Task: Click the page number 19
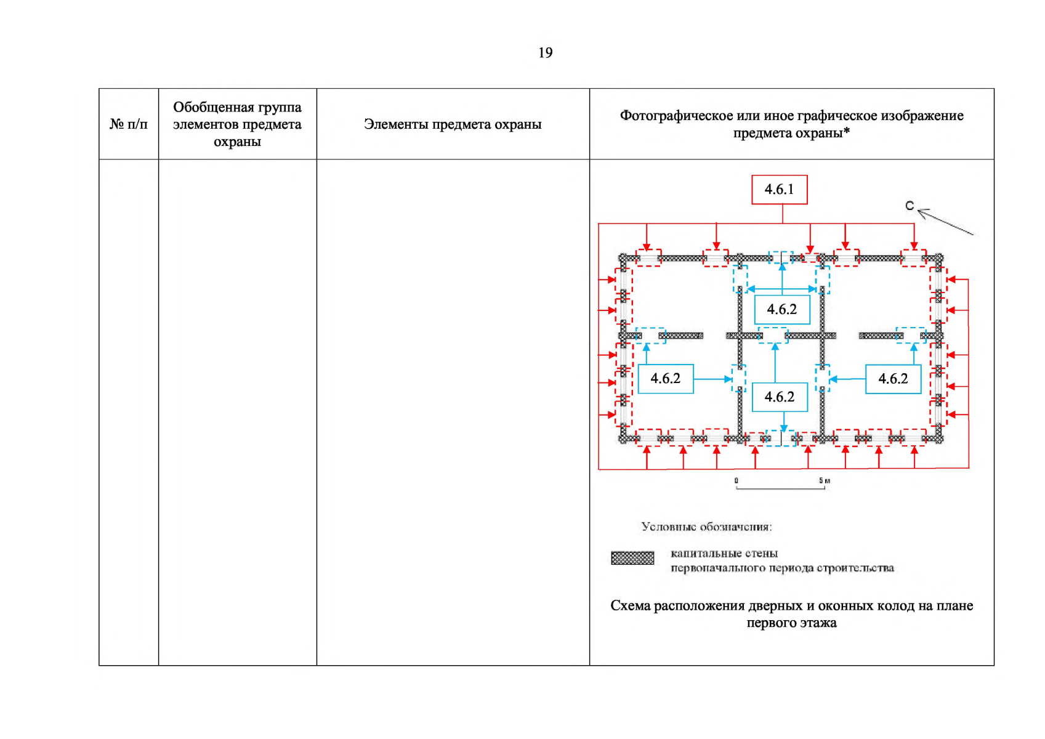coord(545,53)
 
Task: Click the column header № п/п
coord(129,124)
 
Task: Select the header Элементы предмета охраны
coord(453,124)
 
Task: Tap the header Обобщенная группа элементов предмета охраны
coord(237,124)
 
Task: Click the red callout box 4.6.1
coord(779,190)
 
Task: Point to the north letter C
coord(910,206)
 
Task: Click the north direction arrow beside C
coord(945,222)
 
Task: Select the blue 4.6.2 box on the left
coord(666,379)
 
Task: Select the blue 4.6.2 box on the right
coord(893,379)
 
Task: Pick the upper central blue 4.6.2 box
coord(781,309)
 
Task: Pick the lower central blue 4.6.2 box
coord(780,397)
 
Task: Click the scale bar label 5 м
coord(825,480)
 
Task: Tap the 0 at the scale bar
coord(736,480)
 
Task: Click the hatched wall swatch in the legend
coord(632,558)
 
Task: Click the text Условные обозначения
coord(706,527)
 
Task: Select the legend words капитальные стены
coord(724,553)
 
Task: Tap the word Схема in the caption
coord(631,606)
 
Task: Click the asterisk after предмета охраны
coord(847,131)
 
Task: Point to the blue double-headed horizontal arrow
coord(782,289)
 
